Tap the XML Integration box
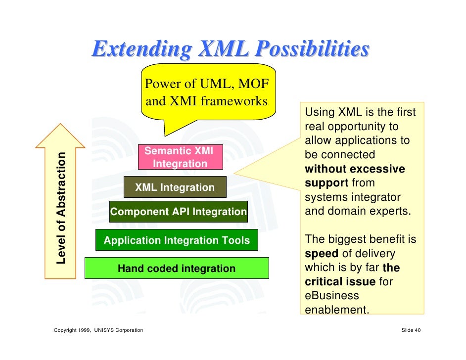[175, 187]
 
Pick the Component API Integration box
[178, 212]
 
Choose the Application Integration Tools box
[177, 241]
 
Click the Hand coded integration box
[177, 269]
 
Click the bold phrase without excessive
[355, 169]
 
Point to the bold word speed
[322, 254]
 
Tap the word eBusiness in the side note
[331, 296]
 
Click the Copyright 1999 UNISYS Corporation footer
[98, 330]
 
